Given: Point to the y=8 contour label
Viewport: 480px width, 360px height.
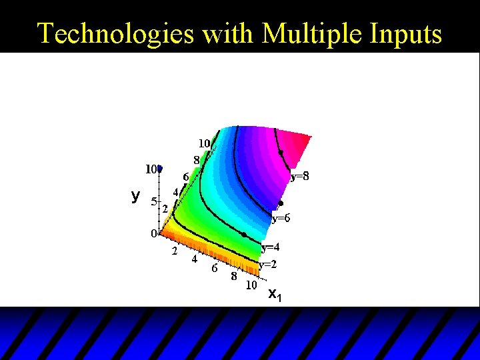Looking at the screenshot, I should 299,177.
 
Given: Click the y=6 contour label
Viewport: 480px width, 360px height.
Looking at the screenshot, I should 281,218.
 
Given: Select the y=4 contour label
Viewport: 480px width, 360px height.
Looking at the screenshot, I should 270,247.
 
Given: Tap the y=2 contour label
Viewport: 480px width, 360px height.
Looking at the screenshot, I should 267,264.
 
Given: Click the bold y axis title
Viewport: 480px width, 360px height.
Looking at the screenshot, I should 135,195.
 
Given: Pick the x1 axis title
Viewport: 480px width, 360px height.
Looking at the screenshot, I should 275,295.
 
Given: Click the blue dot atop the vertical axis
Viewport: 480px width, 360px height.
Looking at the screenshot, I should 160,169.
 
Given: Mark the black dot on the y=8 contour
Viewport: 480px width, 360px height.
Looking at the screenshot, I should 281,153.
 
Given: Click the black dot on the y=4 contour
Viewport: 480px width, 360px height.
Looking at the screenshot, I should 244,235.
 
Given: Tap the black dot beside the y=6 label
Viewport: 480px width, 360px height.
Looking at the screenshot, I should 281,203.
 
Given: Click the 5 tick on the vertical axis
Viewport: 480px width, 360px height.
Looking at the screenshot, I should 153,201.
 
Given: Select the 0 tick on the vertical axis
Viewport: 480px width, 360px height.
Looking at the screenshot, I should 153,234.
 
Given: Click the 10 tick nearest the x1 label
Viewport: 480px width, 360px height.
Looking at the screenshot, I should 251,285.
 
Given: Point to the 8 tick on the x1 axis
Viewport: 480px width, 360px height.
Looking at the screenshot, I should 235,277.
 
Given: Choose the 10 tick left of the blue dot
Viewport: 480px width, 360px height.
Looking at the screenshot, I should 151,169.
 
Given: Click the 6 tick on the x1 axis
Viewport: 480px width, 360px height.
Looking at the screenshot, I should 214,268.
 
